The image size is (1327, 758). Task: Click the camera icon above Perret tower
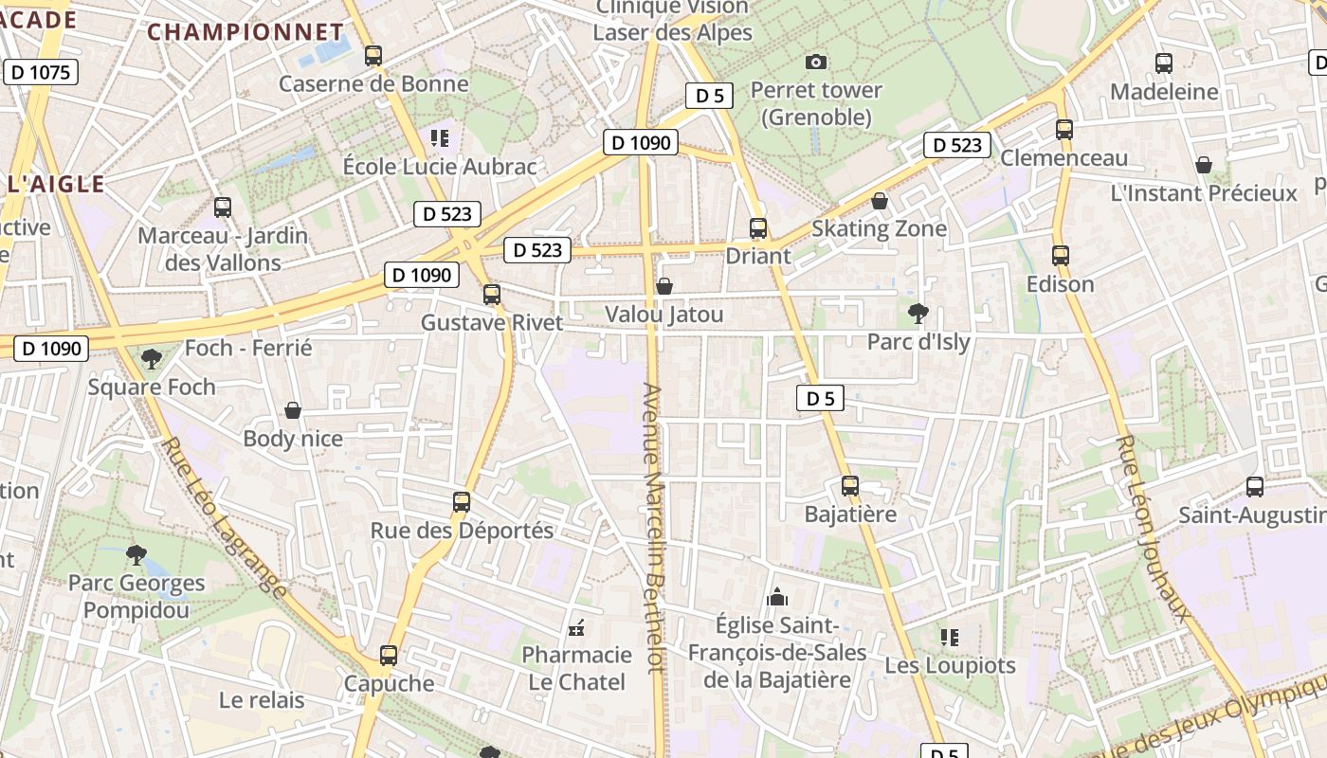pyautogui.click(x=815, y=63)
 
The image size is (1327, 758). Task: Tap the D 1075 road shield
pyautogui.click(x=40, y=72)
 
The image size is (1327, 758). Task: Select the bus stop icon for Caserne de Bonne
pyautogui.click(x=373, y=56)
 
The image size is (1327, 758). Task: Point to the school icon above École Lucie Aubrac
pyautogui.click(x=439, y=138)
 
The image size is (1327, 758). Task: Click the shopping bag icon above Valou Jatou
pyautogui.click(x=664, y=285)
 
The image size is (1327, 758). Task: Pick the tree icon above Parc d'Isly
pyautogui.click(x=918, y=312)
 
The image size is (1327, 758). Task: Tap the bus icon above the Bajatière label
pyautogui.click(x=850, y=486)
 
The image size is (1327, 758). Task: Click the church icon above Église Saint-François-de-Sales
pyautogui.click(x=777, y=597)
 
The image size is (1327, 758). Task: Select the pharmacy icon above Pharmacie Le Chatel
pyautogui.click(x=575, y=627)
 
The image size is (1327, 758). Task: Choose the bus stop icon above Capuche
pyautogui.click(x=388, y=655)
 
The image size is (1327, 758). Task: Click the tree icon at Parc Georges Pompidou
pyautogui.click(x=136, y=554)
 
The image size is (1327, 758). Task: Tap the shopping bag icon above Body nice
pyautogui.click(x=293, y=410)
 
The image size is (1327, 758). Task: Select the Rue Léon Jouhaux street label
pyautogui.click(x=1154, y=527)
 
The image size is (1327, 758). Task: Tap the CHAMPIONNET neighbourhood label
pyautogui.click(x=245, y=31)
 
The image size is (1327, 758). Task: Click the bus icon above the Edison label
pyautogui.click(x=1060, y=255)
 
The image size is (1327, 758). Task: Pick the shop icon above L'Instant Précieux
pyautogui.click(x=1203, y=165)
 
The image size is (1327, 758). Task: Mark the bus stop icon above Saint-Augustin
pyautogui.click(x=1255, y=487)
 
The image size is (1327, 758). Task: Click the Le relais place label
pyautogui.click(x=262, y=700)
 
